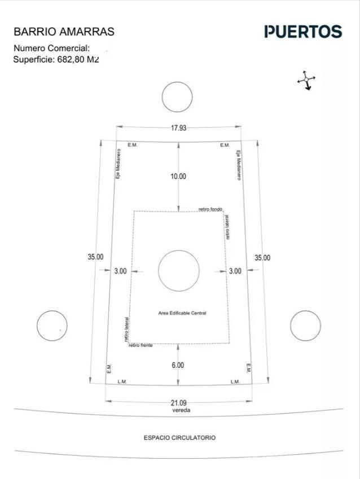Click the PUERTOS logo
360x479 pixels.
coord(303,32)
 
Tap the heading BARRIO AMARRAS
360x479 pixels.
coord(64,32)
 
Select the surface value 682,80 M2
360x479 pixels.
coord(78,59)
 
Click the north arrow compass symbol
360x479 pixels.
coord(306,80)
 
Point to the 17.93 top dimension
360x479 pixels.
coord(178,128)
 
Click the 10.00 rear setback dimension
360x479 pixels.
coord(178,176)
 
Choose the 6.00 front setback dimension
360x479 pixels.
coord(178,365)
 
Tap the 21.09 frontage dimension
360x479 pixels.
coord(179,403)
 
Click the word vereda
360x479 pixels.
coord(181,410)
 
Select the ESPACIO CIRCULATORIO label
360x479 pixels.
coord(179,437)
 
